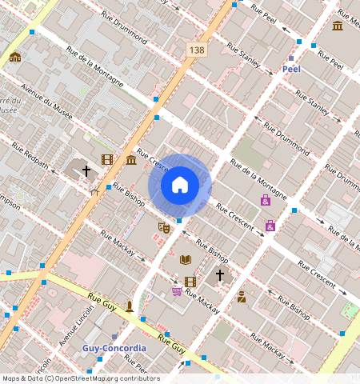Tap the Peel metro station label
[x=291, y=70]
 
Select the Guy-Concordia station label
[x=114, y=349]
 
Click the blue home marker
[x=180, y=185]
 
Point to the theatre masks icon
[x=163, y=227]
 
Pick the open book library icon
[x=186, y=259]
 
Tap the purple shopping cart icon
[x=176, y=290]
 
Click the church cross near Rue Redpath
[x=86, y=170]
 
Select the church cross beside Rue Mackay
[x=220, y=274]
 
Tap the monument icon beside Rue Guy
[x=129, y=306]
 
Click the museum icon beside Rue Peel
[x=338, y=26]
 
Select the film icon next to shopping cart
[x=190, y=282]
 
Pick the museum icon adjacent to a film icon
[x=130, y=160]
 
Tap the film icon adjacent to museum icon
[x=107, y=159]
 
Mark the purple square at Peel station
[x=291, y=58]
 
